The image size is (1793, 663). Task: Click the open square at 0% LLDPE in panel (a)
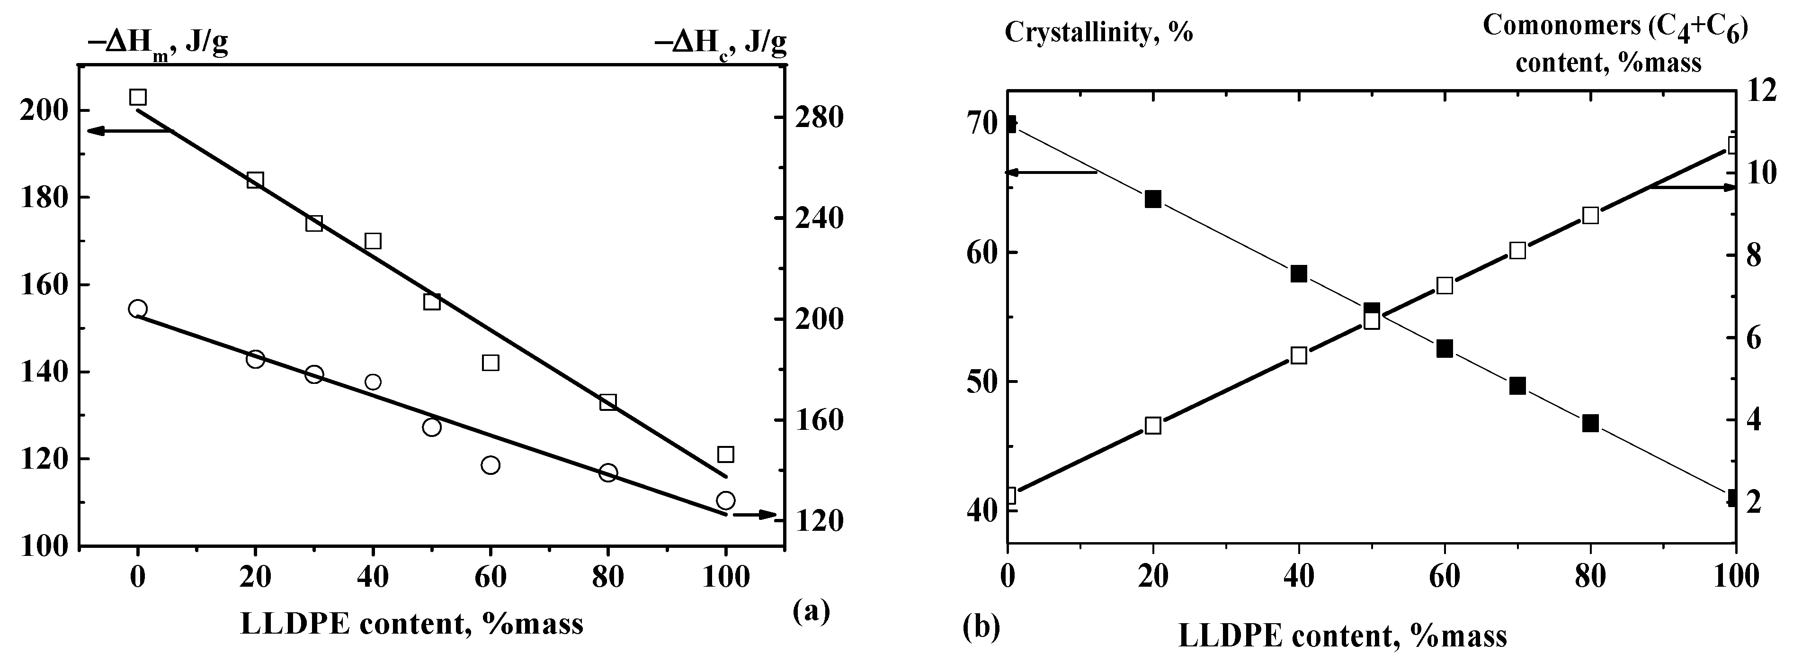138,97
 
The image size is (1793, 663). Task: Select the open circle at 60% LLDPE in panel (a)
491,465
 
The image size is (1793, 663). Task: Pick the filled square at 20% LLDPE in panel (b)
1153,199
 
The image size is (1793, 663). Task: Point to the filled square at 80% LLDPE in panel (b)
1590,423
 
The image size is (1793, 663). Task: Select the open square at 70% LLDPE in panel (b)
1518,251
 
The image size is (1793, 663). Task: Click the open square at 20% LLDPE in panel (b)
1153,426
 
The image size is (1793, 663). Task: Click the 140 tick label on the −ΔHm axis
44,372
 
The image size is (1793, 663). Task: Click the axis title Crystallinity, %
1099,33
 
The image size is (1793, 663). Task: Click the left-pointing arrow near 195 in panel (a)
129,131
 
